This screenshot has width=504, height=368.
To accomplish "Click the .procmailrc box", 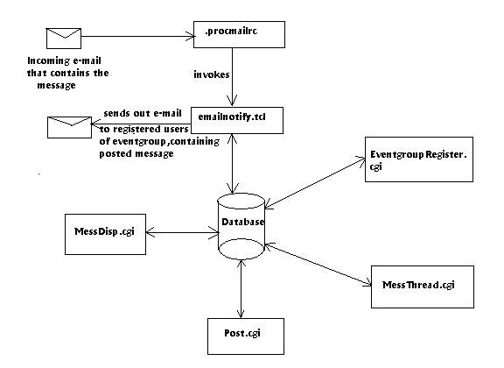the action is click(x=239, y=35).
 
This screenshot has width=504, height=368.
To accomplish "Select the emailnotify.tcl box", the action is click(x=237, y=120).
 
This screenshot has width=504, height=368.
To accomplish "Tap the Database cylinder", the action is click(x=241, y=226).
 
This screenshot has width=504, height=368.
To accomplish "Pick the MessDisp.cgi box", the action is click(x=105, y=235).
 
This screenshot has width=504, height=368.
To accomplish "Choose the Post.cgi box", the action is click(x=246, y=336).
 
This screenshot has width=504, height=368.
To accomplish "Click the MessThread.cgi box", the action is click(x=423, y=287).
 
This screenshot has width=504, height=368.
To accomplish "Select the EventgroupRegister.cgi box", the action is click(x=419, y=159).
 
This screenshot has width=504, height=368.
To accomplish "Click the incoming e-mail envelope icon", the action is click(x=64, y=39).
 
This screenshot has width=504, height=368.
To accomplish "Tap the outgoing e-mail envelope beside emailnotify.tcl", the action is click(x=69, y=128).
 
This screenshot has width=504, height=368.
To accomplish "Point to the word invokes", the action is click(x=212, y=74).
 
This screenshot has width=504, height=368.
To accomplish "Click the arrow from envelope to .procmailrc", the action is click(x=137, y=37).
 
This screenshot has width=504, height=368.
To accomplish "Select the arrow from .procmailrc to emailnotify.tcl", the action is click(x=232, y=77).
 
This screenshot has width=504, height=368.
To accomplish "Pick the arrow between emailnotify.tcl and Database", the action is click(x=232, y=164).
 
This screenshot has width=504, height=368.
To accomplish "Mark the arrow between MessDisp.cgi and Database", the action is click(x=183, y=232).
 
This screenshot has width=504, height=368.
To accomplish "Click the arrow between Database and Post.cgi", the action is click(x=241, y=289).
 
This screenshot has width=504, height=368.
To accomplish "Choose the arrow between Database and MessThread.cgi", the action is click(x=318, y=265).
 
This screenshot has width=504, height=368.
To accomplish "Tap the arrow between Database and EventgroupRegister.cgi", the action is click(x=315, y=183).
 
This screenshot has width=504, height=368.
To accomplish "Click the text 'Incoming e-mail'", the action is click(x=64, y=60).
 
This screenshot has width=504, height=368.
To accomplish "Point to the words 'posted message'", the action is click(x=136, y=154).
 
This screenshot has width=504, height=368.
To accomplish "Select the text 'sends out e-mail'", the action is click(x=143, y=113).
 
